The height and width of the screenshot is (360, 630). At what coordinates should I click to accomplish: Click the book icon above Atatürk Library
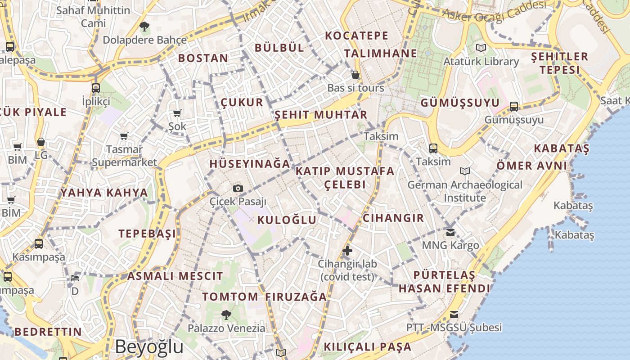481,48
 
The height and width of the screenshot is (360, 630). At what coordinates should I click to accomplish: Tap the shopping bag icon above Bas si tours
355,75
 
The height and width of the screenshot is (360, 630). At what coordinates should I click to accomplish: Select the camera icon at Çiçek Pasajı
238,188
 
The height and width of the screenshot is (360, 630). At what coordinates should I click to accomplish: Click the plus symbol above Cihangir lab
347,251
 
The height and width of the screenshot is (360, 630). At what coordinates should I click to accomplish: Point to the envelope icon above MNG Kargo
450,233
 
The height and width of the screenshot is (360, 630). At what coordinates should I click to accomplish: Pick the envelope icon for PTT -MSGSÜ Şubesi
454,314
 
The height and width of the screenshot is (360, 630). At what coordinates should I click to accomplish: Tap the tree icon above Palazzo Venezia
226,315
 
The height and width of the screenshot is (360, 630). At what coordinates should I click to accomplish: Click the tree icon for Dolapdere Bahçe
144,27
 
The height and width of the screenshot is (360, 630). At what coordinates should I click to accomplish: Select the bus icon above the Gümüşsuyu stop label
514,107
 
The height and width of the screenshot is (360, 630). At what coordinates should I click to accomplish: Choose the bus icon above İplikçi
96,88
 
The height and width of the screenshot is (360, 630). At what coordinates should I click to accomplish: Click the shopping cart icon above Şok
177,113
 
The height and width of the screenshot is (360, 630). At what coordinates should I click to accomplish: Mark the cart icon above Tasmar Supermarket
124,136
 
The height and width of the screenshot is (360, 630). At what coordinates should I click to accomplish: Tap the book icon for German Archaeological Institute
465,171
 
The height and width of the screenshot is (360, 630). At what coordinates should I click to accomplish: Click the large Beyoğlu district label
149,347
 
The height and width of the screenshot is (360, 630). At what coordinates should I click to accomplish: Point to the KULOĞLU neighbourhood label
287,220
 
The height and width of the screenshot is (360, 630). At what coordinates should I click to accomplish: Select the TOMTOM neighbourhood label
230,297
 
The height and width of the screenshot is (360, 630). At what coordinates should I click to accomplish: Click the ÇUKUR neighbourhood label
242,103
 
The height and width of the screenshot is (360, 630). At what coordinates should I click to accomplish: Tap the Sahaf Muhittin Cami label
94,16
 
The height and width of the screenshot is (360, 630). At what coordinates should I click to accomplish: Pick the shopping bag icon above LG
41,142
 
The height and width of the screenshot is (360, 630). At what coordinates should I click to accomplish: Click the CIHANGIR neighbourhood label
393,218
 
